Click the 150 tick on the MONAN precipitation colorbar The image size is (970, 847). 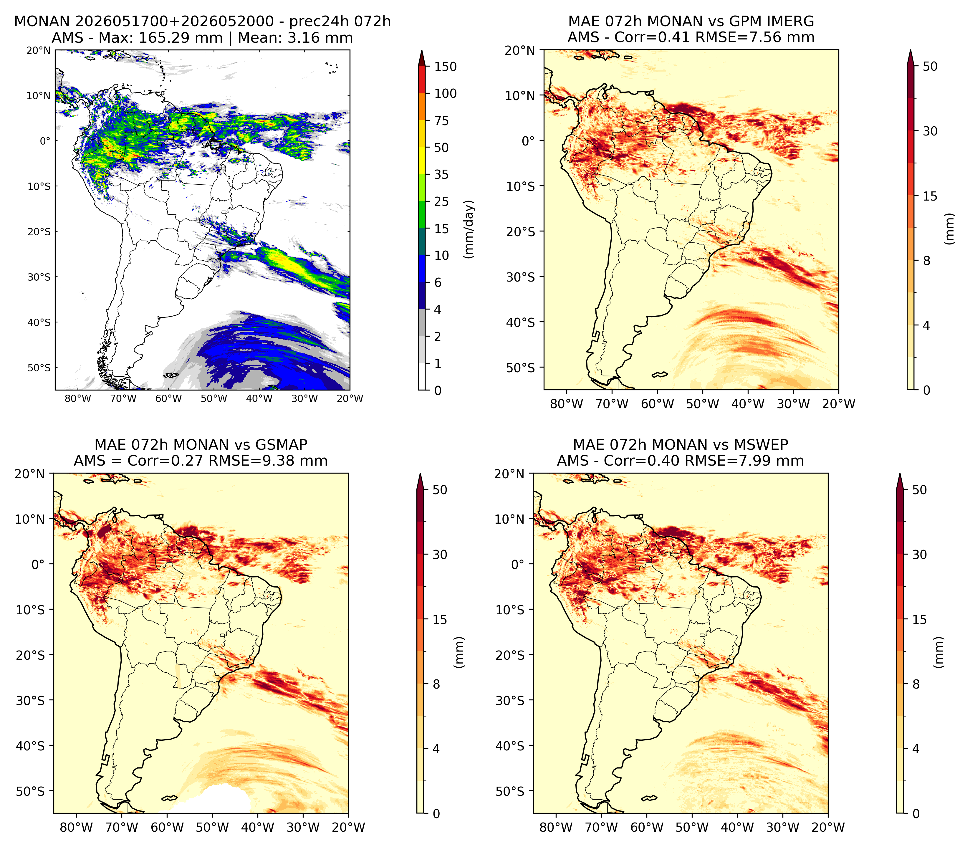pyautogui.click(x=446, y=67)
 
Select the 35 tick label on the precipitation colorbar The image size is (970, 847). pyautogui.click(x=441, y=174)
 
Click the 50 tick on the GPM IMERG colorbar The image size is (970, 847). pyautogui.click(x=930, y=66)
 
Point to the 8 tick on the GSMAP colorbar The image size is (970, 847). pyautogui.click(x=436, y=684)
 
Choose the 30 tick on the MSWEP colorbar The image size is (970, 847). pyautogui.click(x=919, y=555)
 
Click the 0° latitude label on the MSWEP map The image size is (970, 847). pyautogui.click(x=518, y=564)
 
